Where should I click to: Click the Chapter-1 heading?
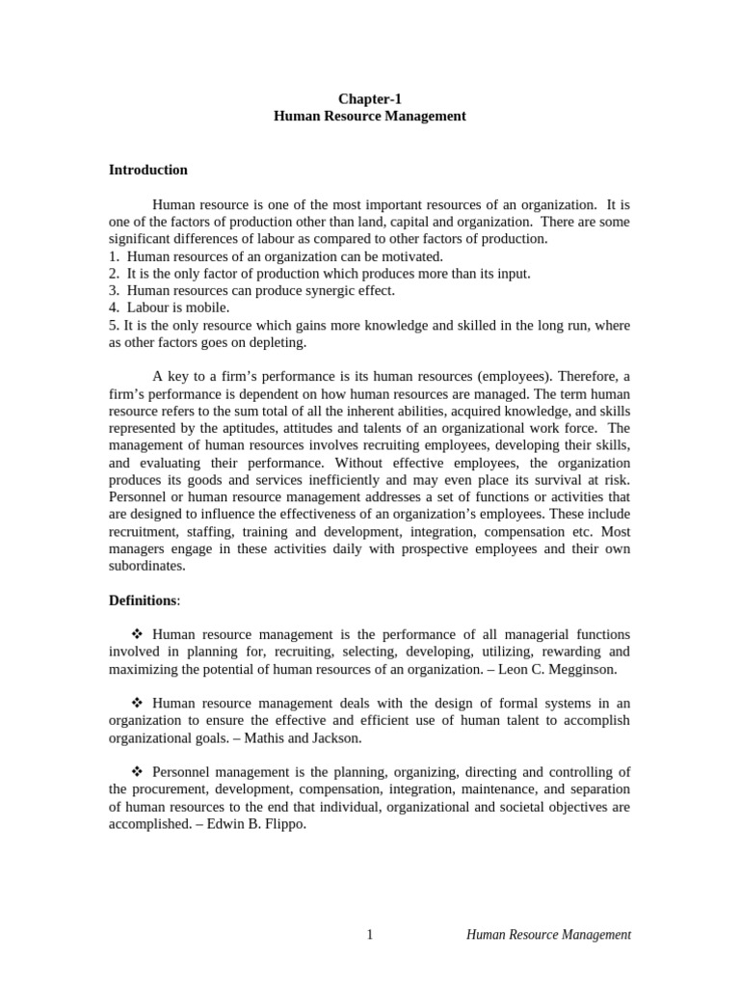coord(369,98)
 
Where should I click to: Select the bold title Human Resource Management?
coord(369,116)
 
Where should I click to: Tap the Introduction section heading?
coord(147,170)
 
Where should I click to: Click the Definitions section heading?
coord(143,600)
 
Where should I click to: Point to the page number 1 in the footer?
coord(370,934)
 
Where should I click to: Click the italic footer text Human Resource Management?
coord(548,934)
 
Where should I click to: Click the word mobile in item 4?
coord(210,307)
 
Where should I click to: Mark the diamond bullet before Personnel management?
coord(136,772)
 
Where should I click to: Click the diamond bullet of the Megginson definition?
coord(136,634)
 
